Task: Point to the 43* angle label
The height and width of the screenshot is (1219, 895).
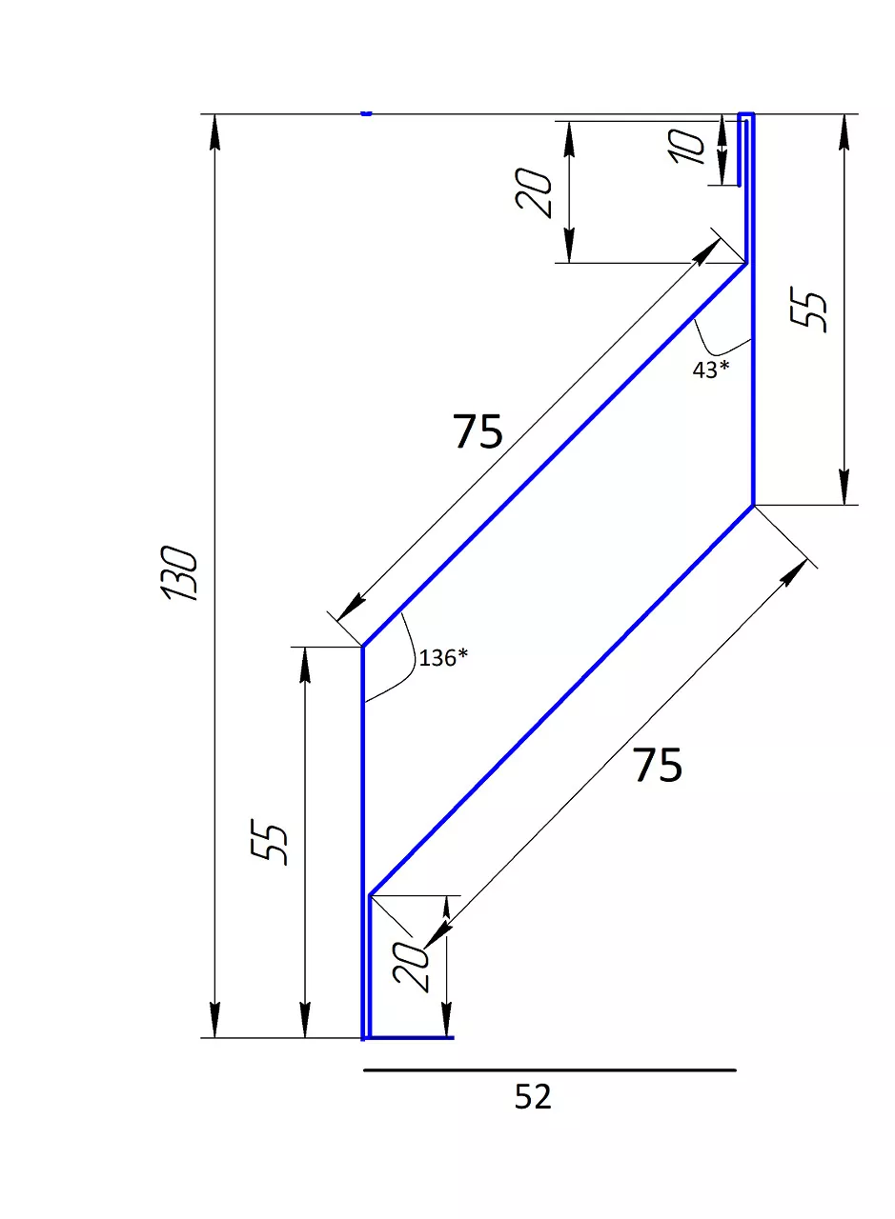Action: coord(710,370)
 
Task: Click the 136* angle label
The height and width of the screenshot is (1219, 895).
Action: coord(444,657)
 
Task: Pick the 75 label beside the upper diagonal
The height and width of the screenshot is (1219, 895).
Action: coord(478,432)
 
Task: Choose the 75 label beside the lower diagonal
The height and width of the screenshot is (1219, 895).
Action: coord(658,766)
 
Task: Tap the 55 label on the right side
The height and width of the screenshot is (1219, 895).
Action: coord(811,310)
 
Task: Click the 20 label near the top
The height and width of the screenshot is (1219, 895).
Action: coord(535,192)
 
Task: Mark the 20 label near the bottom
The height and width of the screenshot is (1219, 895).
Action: coord(412,968)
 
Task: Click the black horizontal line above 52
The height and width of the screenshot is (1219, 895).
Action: coord(549,1069)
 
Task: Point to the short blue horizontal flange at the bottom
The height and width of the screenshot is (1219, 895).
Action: coord(410,1037)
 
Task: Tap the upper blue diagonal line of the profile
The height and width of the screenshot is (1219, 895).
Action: coord(553,455)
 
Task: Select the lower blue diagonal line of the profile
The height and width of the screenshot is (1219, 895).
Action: coord(562,700)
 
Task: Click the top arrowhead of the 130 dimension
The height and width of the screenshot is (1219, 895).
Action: coord(215,130)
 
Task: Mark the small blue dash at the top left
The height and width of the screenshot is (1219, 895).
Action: coord(366,113)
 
